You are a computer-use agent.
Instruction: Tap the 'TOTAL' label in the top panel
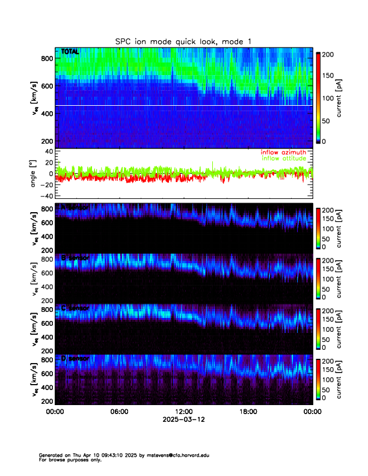click(x=70, y=52)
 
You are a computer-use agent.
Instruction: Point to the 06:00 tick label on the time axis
click(x=119, y=412)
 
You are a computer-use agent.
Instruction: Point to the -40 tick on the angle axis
click(x=48, y=196)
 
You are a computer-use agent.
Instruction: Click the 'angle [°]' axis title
click(x=34, y=173)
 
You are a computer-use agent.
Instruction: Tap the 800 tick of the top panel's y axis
click(x=48, y=58)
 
